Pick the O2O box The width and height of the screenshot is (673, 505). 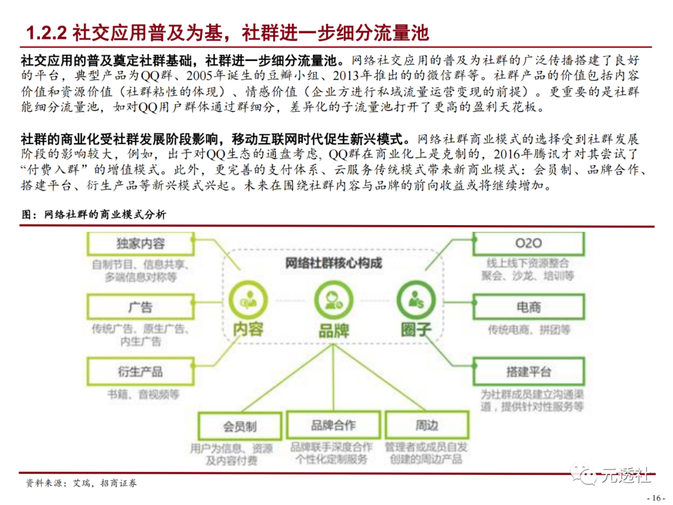pyautogui.click(x=528, y=243)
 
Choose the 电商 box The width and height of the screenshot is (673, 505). pyautogui.click(x=528, y=307)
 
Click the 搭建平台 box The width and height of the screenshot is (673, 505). pyautogui.click(x=528, y=372)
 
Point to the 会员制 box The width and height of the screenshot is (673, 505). pyautogui.click(x=239, y=426)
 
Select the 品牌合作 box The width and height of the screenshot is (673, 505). pyautogui.click(x=333, y=425)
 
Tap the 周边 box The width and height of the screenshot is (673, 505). pyautogui.click(x=427, y=426)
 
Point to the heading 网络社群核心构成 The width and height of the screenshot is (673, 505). pyautogui.click(x=333, y=263)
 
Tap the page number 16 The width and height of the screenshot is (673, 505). pyautogui.click(x=656, y=498)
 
